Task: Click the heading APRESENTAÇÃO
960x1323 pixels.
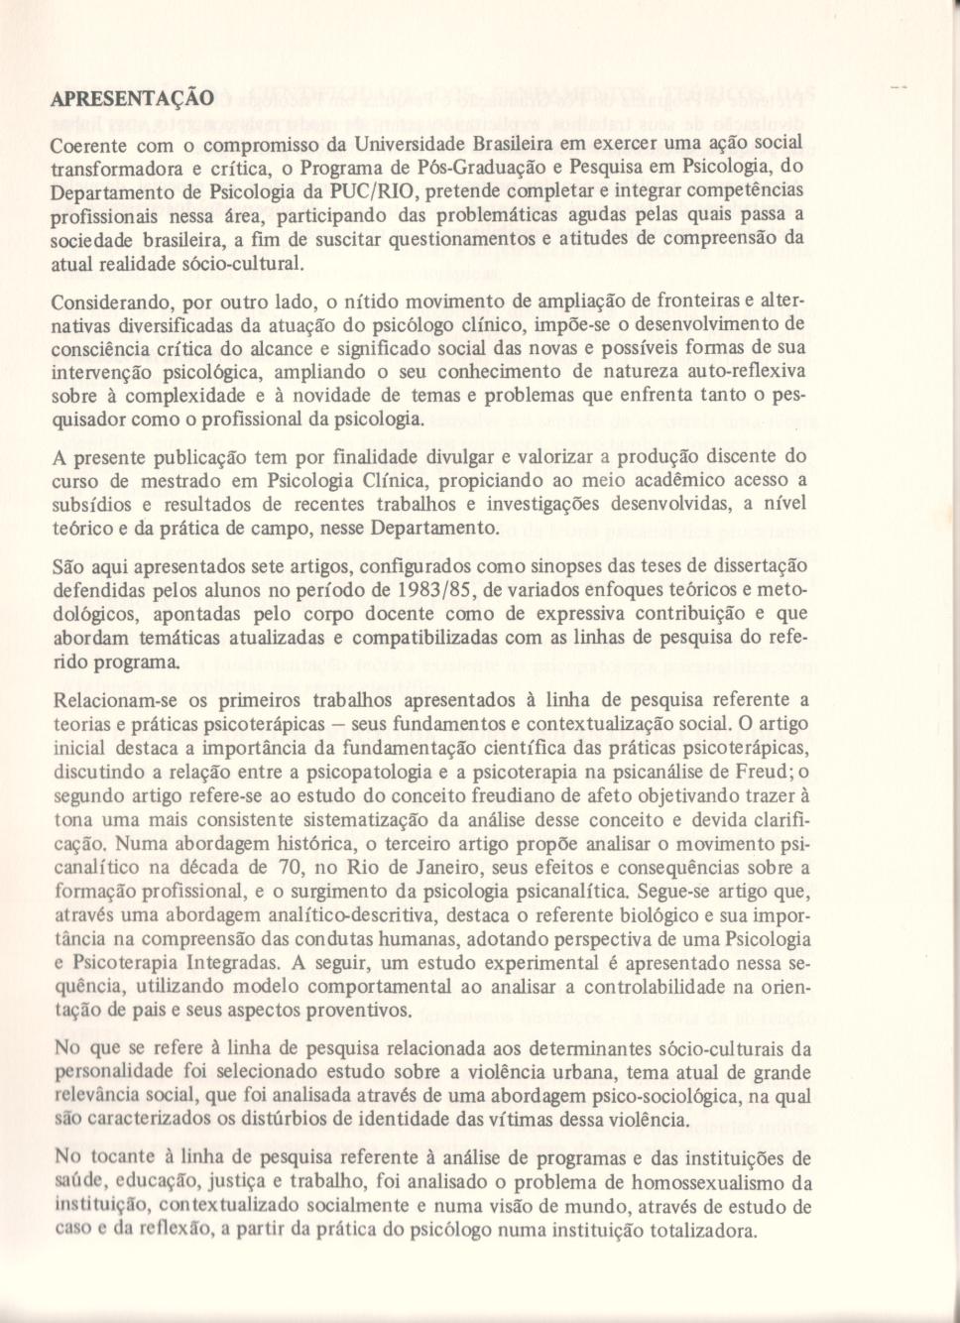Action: pyautogui.click(x=132, y=98)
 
